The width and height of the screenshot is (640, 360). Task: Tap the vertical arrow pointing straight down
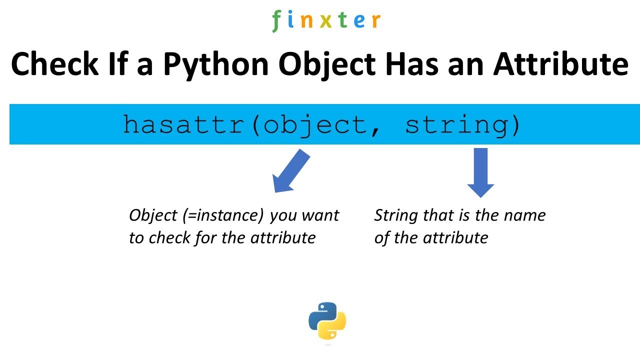point(480,172)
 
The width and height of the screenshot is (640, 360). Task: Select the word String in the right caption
point(396,215)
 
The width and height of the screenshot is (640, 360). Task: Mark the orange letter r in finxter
point(375,20)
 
